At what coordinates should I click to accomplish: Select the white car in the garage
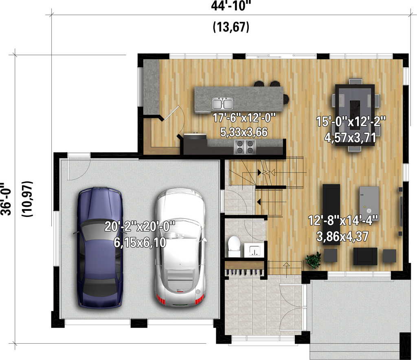point(180,249)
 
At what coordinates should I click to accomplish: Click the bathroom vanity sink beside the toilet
point(254,250)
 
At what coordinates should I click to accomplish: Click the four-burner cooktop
point(244,147)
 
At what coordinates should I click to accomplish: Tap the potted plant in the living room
point(314,260)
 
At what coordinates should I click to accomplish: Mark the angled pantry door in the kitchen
point(171,113)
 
